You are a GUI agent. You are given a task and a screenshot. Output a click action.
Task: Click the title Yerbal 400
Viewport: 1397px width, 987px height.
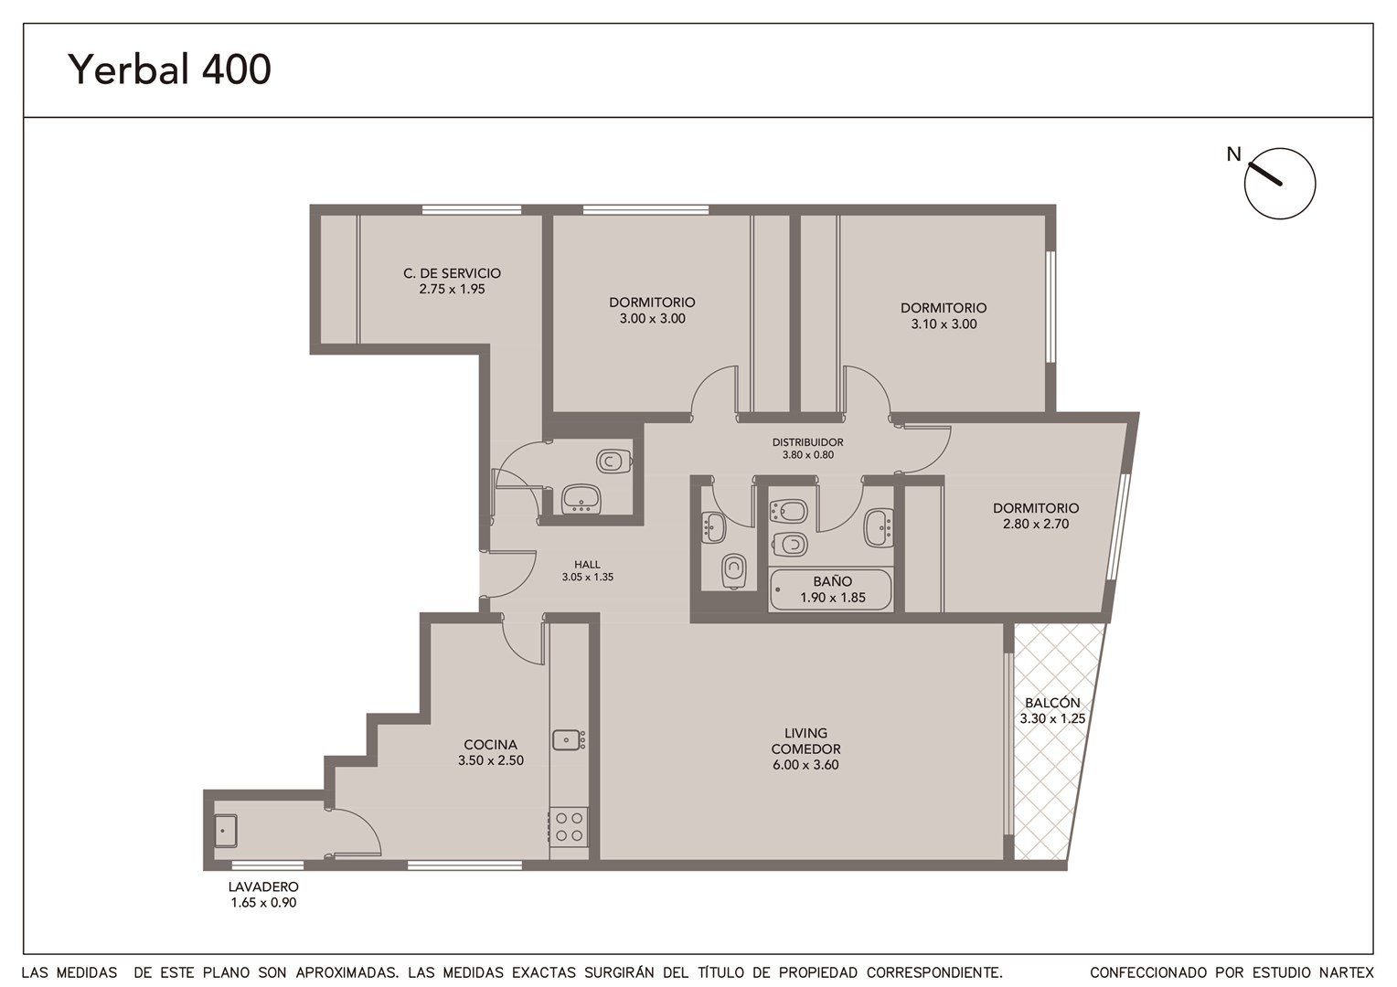click(x=170, y=69)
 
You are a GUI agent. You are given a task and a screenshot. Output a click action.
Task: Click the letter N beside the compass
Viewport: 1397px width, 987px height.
click(x=1233, y=154)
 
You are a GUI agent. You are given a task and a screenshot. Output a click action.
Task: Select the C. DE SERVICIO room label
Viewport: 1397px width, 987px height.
click(x=453, y=273)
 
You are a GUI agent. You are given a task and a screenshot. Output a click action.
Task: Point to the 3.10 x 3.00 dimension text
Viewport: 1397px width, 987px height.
click(x=944, y=324)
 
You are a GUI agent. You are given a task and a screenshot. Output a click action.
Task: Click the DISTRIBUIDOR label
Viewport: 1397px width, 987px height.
click(x=807, y=442)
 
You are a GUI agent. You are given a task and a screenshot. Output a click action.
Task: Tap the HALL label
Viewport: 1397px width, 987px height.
click(x=588, y=565)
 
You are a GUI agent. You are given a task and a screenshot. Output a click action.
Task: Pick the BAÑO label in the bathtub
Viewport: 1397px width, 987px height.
click(x=833, y=581)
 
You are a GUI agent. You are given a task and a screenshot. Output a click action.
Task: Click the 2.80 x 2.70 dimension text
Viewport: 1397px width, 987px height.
click(x=1036, y=525)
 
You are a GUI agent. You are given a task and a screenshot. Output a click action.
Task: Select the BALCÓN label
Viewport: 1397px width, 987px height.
click(x=1052, y=703)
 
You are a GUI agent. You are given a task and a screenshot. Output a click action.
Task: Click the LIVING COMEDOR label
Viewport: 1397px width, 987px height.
click(x=805, y=741)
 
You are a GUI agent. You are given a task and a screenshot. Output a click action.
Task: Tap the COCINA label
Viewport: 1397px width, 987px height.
click(x=491, y=745)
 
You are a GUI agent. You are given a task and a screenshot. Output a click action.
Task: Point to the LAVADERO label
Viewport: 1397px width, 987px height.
click(x=263, y=886)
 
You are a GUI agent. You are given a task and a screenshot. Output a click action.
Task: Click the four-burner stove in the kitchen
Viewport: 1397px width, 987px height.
click(x=569, y=827)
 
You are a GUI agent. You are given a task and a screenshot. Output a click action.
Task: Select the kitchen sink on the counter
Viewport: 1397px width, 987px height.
click(x=568, y=740)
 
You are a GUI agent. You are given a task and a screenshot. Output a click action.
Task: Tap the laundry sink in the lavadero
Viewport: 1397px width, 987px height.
click(x=226, y=831)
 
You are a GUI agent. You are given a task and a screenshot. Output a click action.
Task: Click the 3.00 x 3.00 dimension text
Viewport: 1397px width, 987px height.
click(x=653, y=319)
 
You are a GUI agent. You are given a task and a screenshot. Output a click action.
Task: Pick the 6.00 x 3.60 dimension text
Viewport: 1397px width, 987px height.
click(x=805, y=765)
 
